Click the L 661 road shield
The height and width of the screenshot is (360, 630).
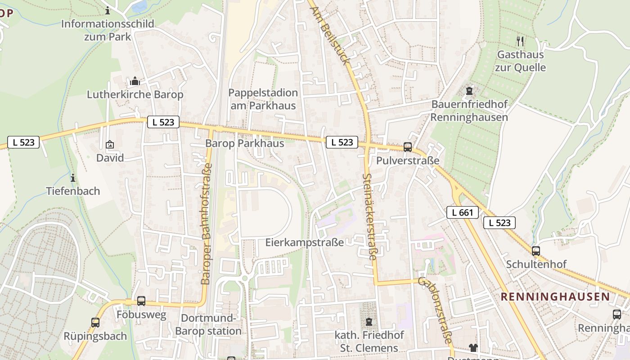tap(462, 212)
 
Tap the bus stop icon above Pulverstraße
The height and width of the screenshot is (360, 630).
tap(408, 147)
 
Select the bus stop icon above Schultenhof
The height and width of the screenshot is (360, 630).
tap(535, 251)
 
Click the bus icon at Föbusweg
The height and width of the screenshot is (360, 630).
tap(141, 301)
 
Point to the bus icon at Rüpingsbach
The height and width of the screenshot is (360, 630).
tap(95, 322)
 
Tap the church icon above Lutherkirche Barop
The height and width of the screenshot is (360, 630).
tap(135, 81)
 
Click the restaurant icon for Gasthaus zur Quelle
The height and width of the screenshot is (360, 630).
tap(520, 41)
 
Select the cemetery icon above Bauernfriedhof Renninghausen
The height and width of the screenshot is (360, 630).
tap(469, 91)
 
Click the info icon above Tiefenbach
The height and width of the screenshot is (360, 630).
tap(73, 178)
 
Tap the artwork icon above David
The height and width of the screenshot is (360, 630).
tap(109, 144)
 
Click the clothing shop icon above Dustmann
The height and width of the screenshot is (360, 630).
tap(473, 347)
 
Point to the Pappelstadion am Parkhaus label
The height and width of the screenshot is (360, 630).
tap(263, 99)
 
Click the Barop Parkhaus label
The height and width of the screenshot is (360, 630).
tap(244, 144)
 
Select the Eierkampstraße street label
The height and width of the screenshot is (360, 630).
tap(304, 243)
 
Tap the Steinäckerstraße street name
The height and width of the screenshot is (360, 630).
tap(369, 216)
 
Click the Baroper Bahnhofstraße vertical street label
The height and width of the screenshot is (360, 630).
tap(206, 224)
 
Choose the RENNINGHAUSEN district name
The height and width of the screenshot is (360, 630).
tap(555, 297)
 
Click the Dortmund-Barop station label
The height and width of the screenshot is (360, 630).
tap(208, 325)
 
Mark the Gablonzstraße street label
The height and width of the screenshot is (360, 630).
tap(434, 310)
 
